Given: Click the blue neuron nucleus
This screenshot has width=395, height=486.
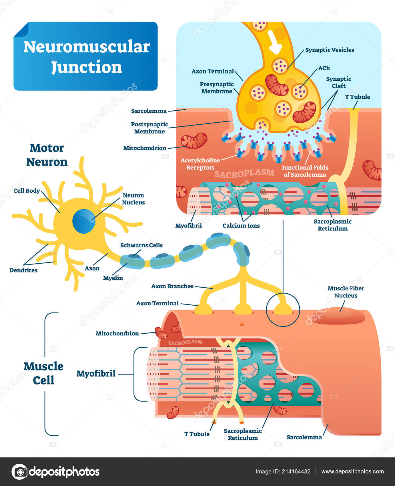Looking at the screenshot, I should click(83, 221).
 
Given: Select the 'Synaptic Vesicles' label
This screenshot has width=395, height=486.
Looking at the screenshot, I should click(330, 50).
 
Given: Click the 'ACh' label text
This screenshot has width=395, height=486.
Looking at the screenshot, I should click(324, 68).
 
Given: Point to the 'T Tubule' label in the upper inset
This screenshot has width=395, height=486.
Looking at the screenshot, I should click(358, 97).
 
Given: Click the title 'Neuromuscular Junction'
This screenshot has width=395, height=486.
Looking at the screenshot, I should click(86, 57).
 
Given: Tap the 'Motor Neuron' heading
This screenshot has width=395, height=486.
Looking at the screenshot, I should click(47, 155).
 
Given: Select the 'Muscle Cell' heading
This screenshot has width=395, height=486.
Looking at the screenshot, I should click(43, 373).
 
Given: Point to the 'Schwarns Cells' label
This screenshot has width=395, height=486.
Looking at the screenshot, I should click(141, 245).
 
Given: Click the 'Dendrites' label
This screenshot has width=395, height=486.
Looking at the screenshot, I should click(23, 270).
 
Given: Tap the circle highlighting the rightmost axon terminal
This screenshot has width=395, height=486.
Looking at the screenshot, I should click(283, 309).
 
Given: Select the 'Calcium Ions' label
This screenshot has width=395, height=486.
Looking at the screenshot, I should click(241, 226).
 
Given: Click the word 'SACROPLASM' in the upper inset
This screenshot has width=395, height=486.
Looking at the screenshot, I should click(244, 173).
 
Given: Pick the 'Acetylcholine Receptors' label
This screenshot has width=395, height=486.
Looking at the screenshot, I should click(200, 164).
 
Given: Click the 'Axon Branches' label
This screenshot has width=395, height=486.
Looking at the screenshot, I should click(172, 286).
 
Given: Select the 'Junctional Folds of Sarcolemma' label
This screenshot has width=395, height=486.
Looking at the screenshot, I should click(305, 171).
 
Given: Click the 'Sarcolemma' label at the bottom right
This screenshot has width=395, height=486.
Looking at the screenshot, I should click(304, 437).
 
